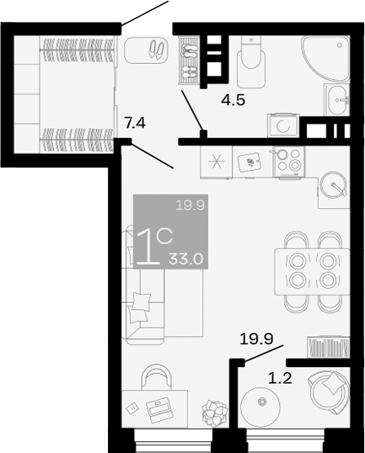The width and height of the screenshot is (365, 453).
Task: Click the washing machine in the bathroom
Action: (x=284, y=125)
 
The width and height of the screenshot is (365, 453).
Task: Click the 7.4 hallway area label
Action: (x=135, y=124)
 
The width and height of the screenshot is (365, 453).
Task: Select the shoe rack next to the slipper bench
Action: (x=190, y=59)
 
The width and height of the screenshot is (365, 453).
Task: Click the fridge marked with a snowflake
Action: (x=216, y=163)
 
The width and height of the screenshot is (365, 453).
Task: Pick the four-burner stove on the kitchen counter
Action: (x=289, y=159)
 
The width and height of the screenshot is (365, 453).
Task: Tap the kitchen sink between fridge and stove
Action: (x=251, y=159)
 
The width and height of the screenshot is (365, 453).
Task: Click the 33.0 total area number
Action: (x=186, y=258)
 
